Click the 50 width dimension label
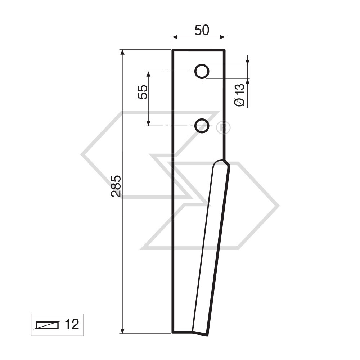coord(202,31)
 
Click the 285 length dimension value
coord(116,186)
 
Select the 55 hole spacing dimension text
coord(143,92)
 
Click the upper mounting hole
coord(202,71)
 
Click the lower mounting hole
coord(202,126)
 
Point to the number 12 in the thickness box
coord(72,324)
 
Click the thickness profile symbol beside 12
coord(46,325)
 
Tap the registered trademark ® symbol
coord(223,127)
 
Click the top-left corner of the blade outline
coord(173,50)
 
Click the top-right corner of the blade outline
coord(225,50)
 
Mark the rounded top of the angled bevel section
coord(219,162)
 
